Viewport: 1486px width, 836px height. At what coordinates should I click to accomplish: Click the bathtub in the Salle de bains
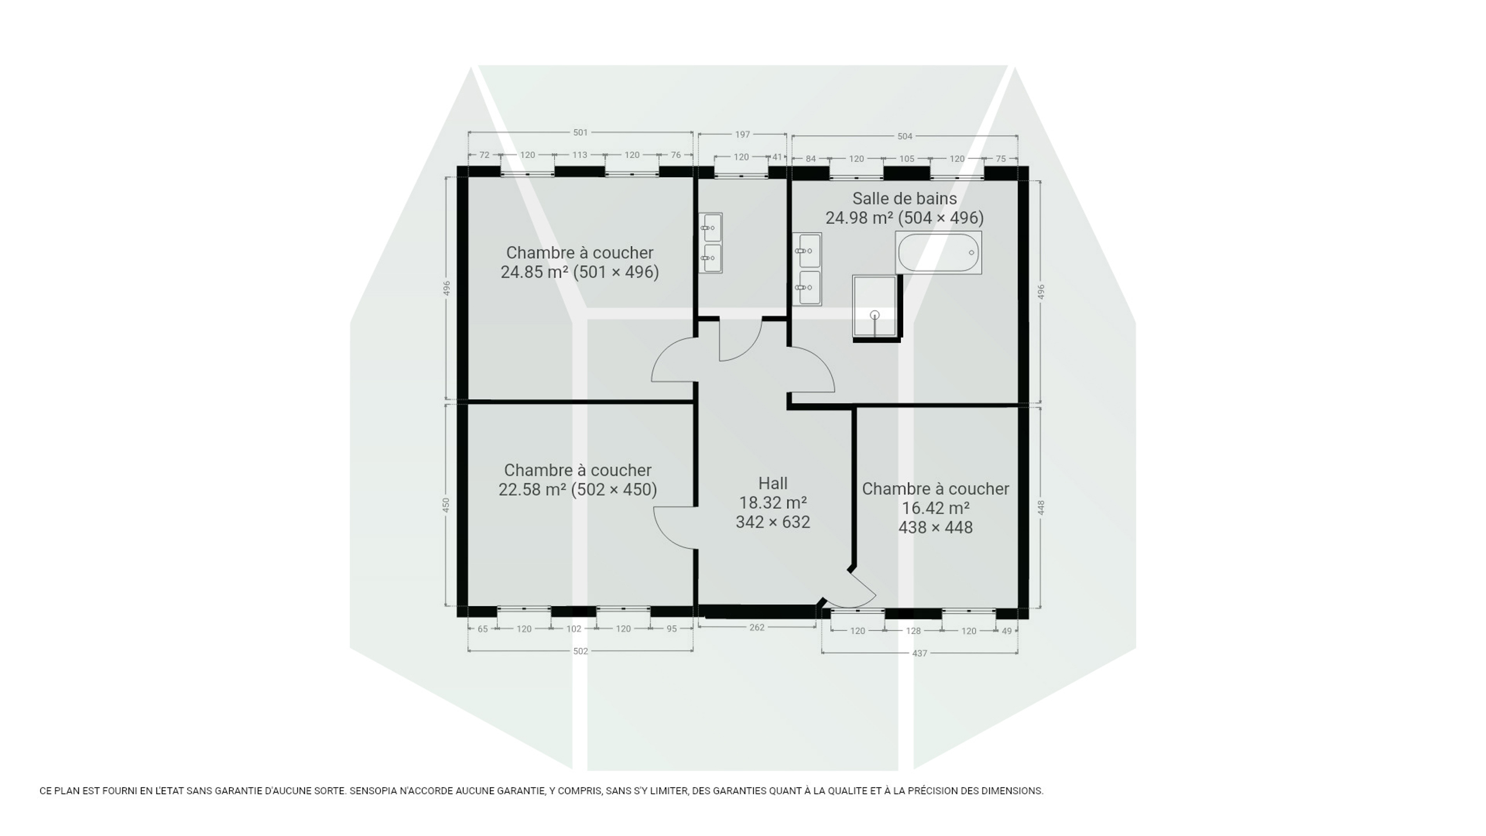(939, 253)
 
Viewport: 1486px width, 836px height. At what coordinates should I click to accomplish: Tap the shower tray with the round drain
(875, 306)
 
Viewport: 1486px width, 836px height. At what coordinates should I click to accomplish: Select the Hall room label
(773, 483)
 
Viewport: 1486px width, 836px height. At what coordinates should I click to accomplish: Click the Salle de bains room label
(904, 199)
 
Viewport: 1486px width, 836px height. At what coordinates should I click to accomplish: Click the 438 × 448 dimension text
(935, 527)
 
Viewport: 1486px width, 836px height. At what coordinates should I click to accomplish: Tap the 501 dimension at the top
(580, 132)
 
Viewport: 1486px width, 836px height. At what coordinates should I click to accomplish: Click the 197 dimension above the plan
(742, 134)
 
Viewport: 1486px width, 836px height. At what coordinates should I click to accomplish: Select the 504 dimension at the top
(905, 136)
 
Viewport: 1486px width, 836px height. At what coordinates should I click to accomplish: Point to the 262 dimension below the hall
(757, 627)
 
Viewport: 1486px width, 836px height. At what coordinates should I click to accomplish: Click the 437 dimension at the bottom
(919, 653)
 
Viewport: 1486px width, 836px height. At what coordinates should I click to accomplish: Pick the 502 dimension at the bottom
(580, 651)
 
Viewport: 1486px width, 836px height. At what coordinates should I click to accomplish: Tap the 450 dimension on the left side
(446, 505)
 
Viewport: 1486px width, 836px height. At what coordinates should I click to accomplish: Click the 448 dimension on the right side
(1041, 507)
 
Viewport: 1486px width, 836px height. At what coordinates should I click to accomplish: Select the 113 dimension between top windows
(580, 155)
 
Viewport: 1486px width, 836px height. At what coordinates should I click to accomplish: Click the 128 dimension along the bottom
(913, 630)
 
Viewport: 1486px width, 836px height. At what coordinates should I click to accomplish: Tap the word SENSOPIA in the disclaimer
(372, 791)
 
